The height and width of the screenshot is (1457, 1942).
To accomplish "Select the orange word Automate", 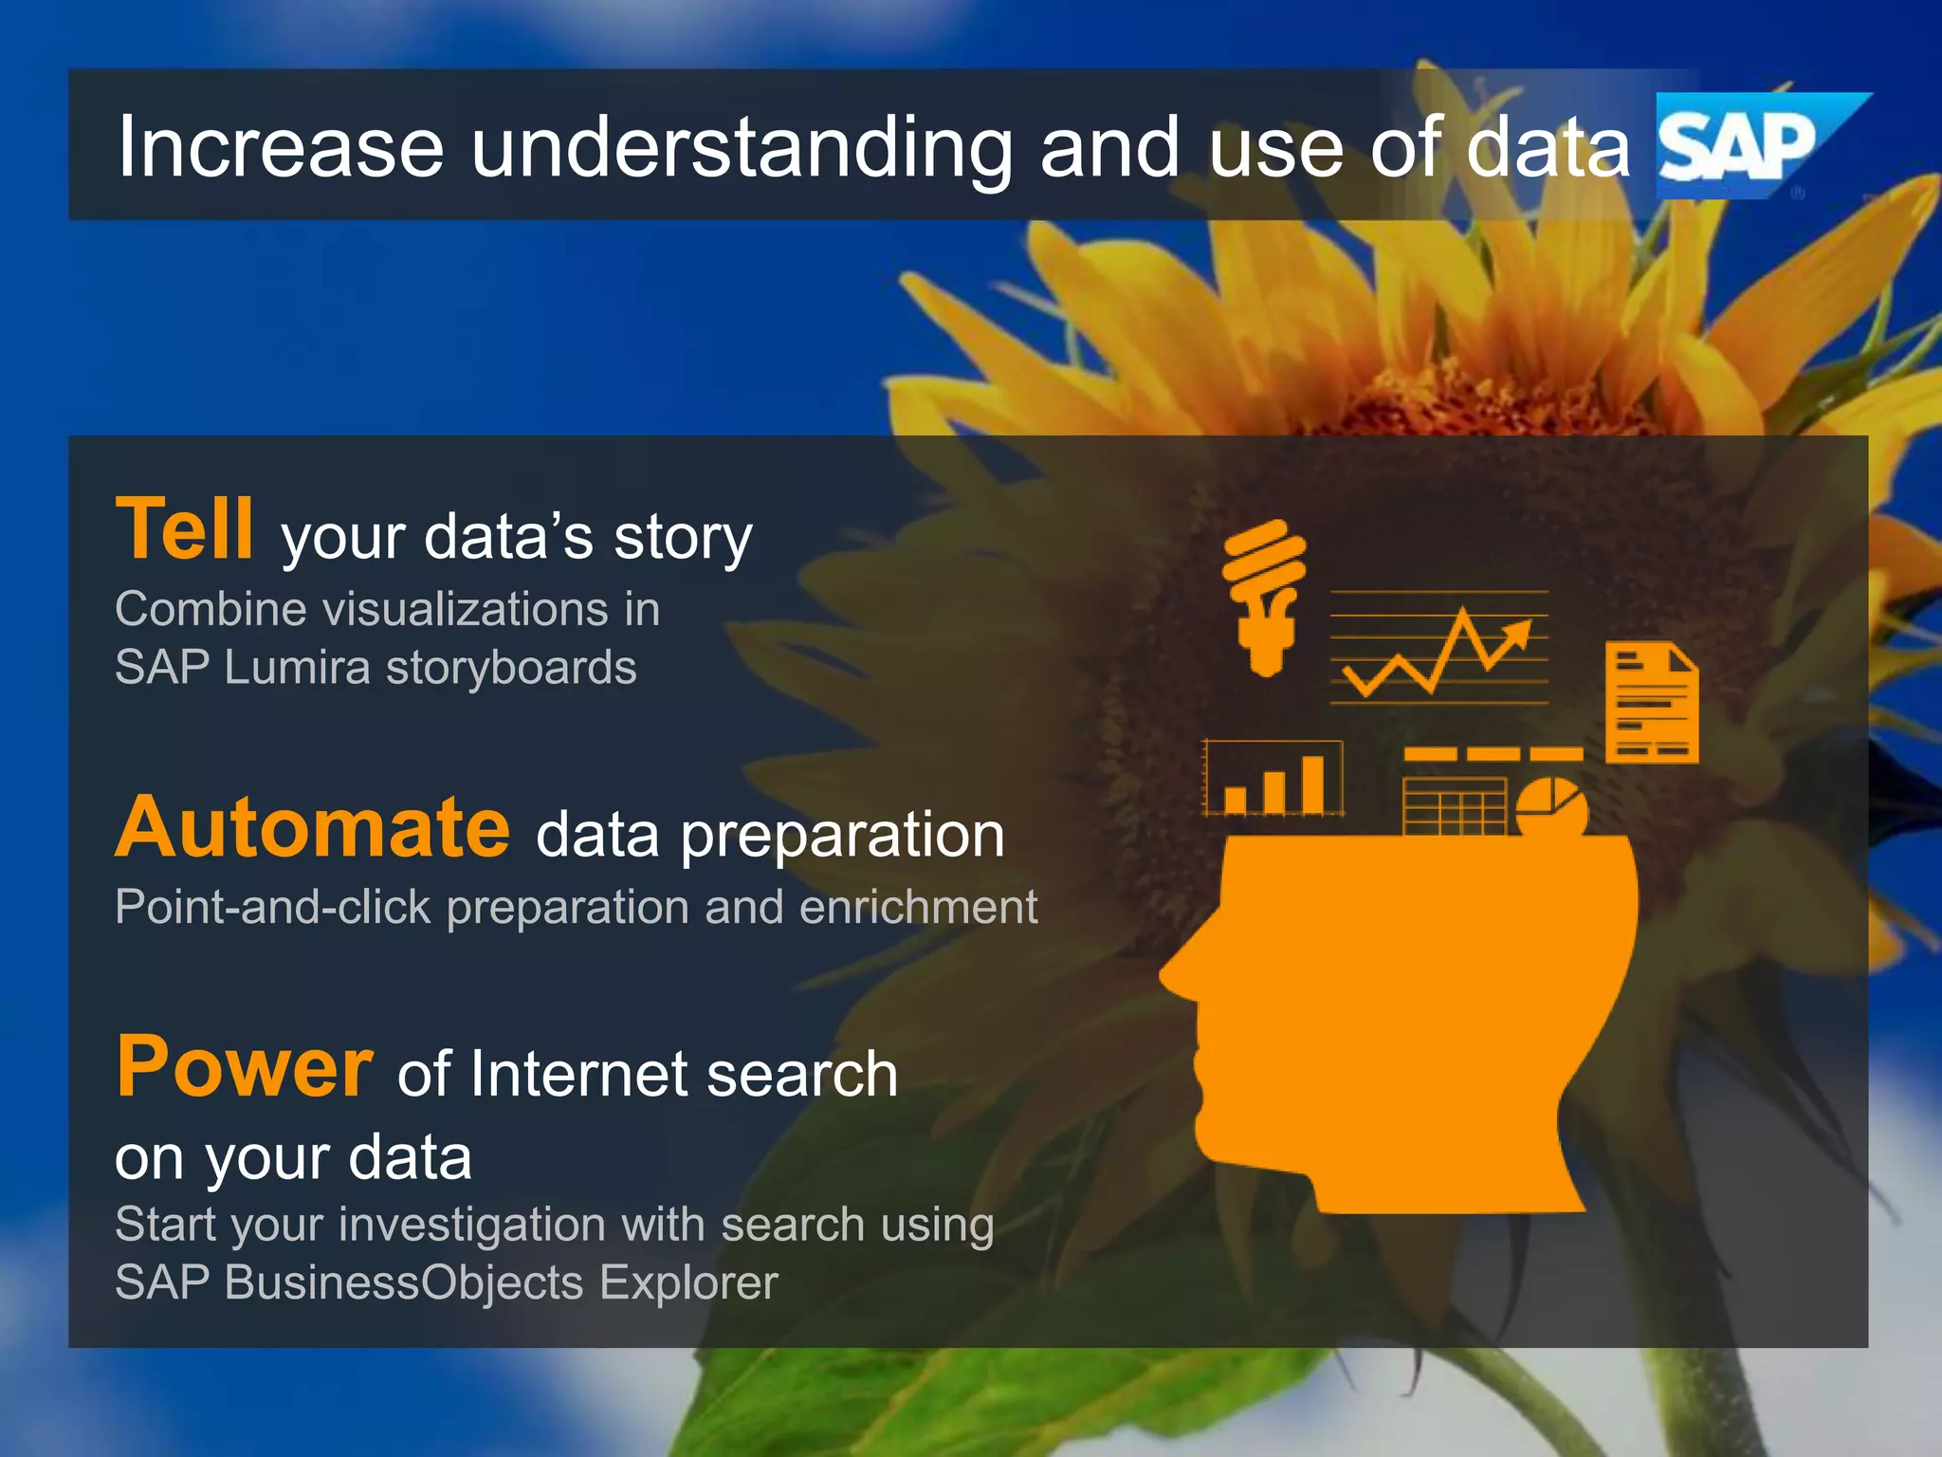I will (x=313, y=828).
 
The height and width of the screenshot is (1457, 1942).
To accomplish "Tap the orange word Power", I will (x=245, y=1067).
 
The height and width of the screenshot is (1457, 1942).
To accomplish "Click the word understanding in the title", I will (x=742, y=147).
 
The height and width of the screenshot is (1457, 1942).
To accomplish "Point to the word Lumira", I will (x=297, y=667).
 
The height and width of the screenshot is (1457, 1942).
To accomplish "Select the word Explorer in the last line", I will (x=688, y=1282).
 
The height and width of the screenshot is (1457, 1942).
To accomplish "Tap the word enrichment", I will (x=918, y=907).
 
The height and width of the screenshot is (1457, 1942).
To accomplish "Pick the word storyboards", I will (x=511, y=667).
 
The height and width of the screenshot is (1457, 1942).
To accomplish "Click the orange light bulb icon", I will (x=1265, y=598).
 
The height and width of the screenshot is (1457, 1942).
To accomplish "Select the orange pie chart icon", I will (x=1549, y=806).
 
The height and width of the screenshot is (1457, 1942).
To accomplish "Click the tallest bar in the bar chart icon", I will (x=1312, y=784).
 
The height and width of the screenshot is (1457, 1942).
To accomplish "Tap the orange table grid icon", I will (x=1453, y=805).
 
